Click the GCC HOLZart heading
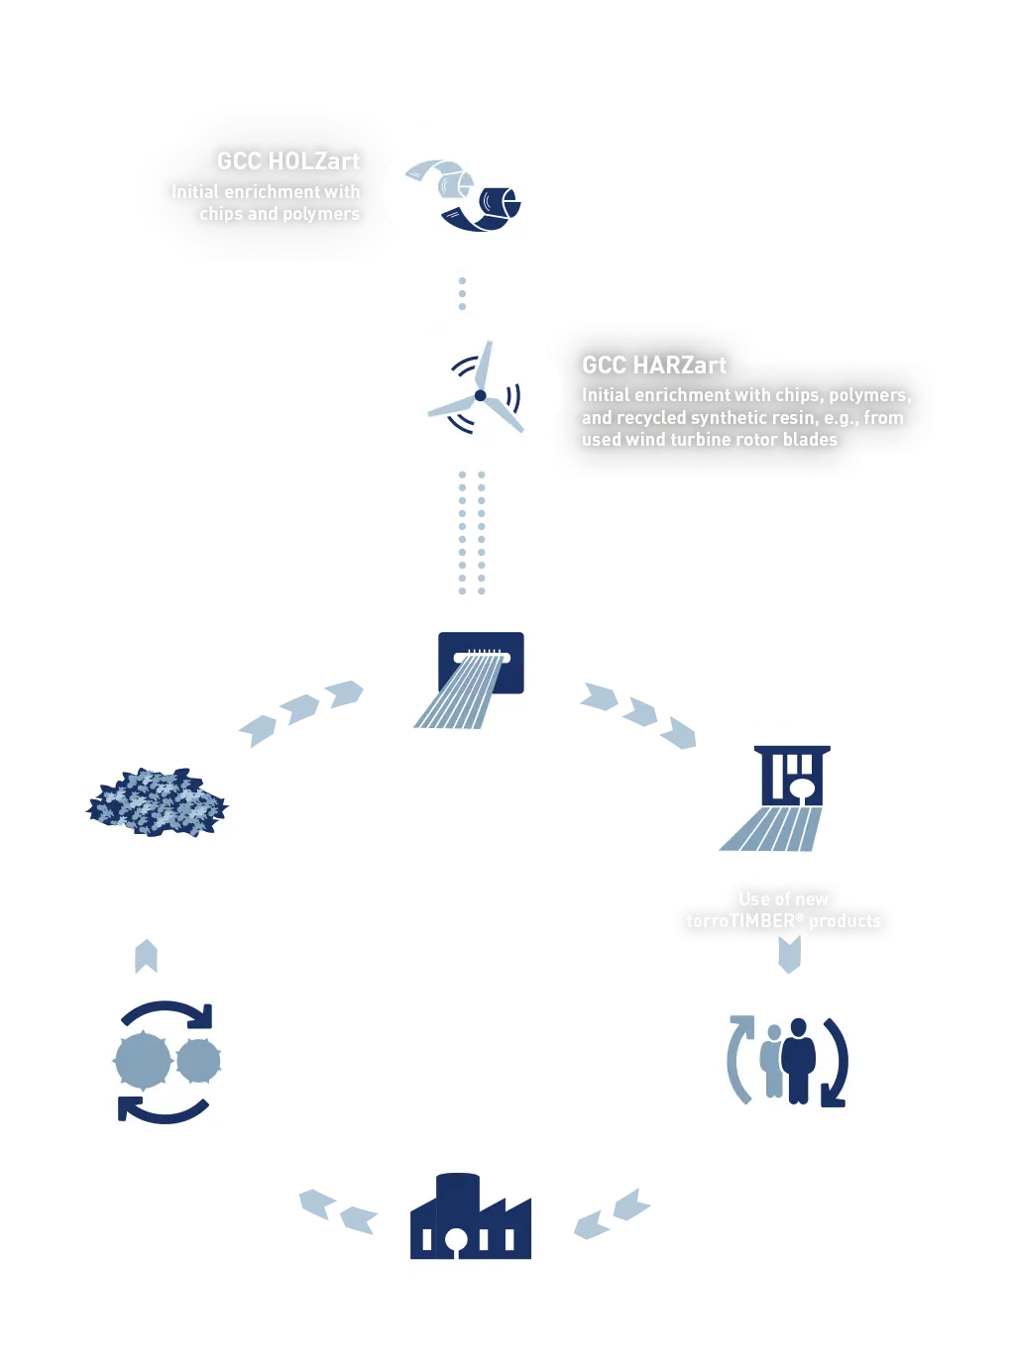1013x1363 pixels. pos(287,160)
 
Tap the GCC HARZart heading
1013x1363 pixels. pos(654,365)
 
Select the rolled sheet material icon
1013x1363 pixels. pos(464,193)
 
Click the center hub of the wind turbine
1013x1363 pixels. pos(481,395)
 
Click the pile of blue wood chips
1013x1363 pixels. pos(157,799)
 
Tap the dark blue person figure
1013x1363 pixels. pos(798,1060)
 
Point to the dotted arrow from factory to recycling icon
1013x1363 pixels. pos(337,1211)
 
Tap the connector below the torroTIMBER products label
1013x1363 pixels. pos(789,955)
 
